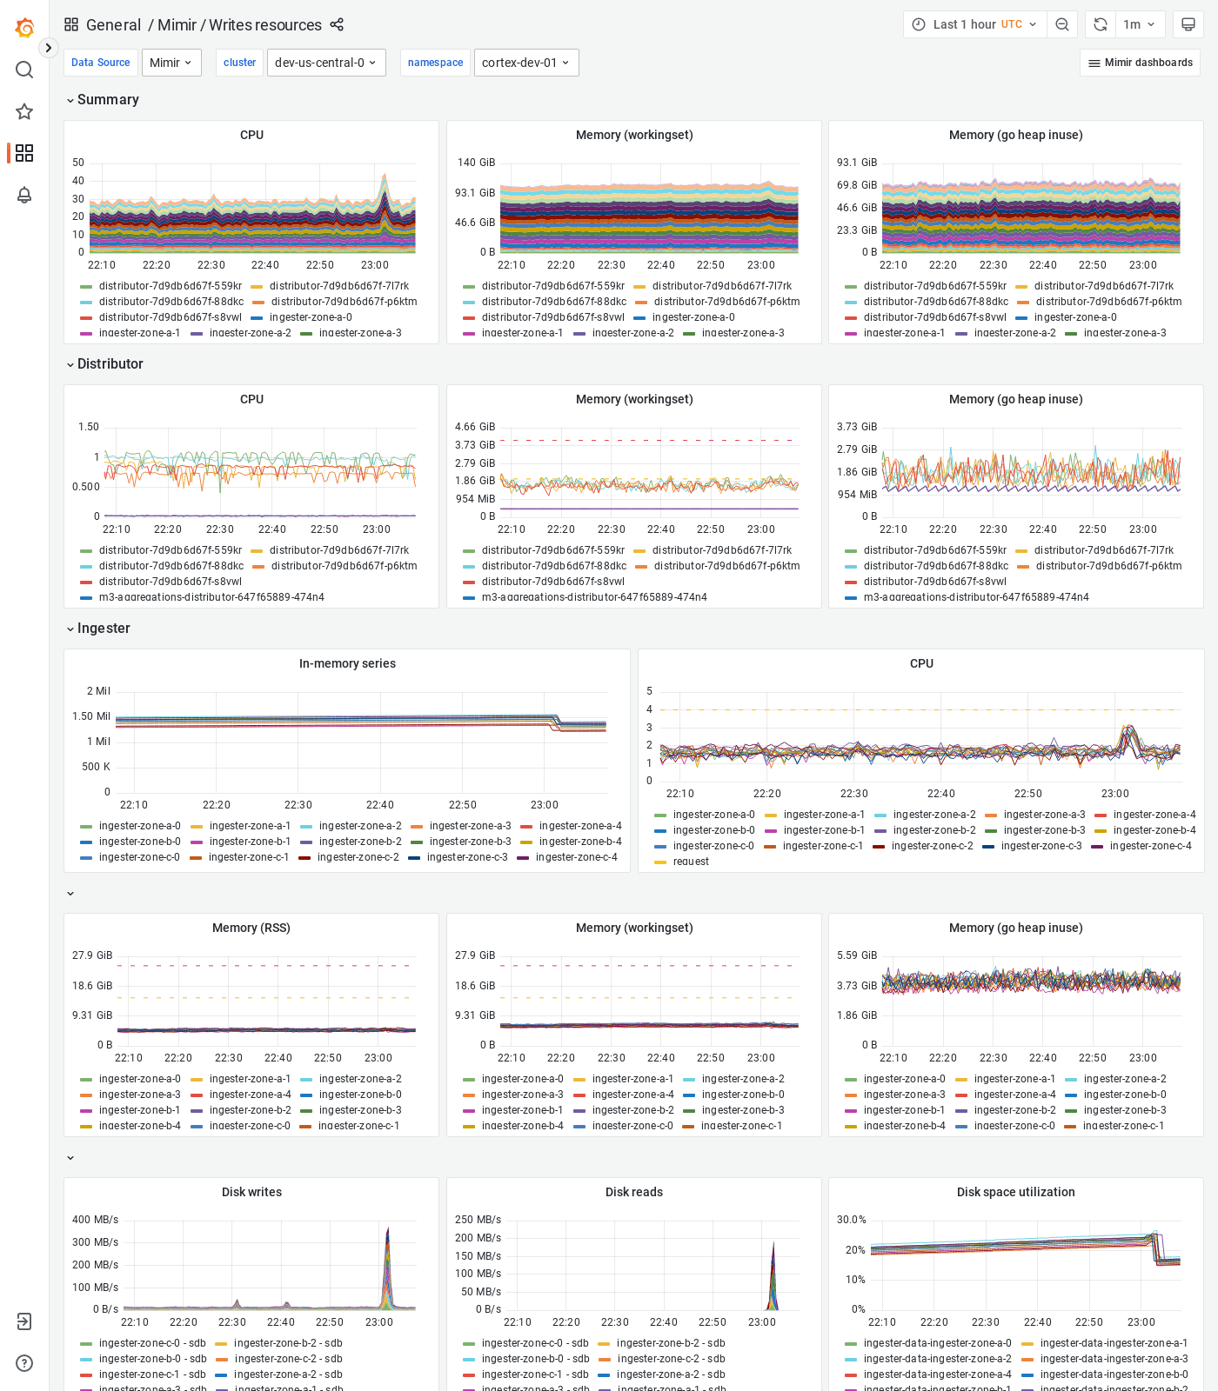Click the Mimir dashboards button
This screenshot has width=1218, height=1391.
pyautogui.click(x=1140, y=63)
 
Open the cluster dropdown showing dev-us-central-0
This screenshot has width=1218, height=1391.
pyautogui.click(x=325, y=63)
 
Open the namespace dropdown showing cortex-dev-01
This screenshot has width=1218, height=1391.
pyautogui.click(x=525, y=63)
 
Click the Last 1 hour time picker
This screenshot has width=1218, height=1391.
pyautogui.click(x=974, y=24)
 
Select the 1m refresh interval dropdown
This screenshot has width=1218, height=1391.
pyautogui.click(x=1138, y=24)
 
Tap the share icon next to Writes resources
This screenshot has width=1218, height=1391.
pyautogui.click(x=337, y=24)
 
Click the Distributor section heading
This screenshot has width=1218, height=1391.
pyautogui.click(x=110, y=363)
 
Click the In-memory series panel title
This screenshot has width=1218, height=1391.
pyautogui.click(x=347, y=663)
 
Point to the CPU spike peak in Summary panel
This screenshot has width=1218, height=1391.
pyautogui.click(x=385, y=176)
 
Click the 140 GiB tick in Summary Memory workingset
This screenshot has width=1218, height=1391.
pyautogui.click(x=476, y=163)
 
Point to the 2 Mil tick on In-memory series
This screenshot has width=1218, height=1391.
pyautogui.click(x=97, y=691)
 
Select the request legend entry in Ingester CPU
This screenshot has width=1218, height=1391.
pyautogui.click(x=690, y=862)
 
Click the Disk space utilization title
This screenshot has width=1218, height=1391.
pyautogui.click(x=1015, y=1192)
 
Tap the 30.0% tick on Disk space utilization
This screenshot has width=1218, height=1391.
pyautogui.click(x=851, y=1220)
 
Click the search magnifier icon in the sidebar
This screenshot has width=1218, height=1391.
pyautogui.click(x=24, y=70)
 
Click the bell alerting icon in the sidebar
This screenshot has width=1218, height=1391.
pyautogui.click(x=24, y=195)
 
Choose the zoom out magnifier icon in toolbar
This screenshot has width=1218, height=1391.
pyautogui.click(x=1061, y=24)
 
